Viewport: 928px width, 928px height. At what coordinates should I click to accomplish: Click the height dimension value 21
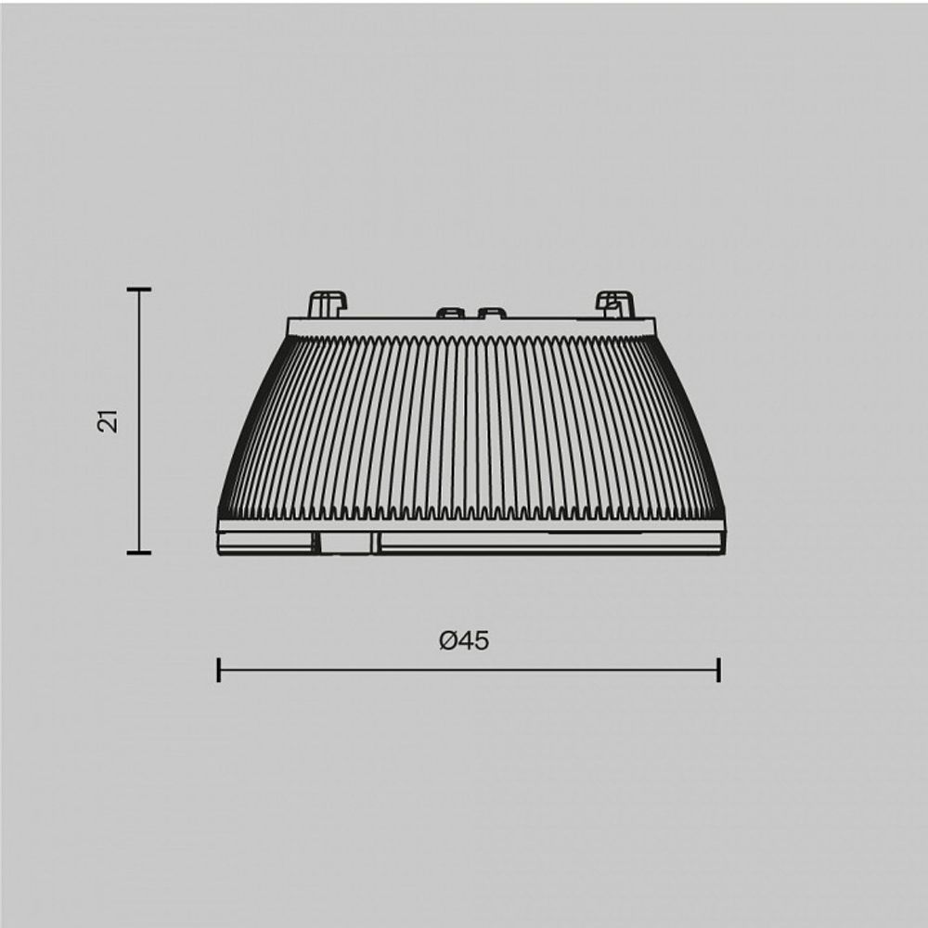click(110, 420)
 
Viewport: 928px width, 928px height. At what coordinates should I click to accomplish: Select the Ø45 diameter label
click(464, 640)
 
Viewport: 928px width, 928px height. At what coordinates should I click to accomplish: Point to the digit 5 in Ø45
click(480, 640)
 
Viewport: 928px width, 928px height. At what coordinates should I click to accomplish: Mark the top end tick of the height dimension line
click(139, 290)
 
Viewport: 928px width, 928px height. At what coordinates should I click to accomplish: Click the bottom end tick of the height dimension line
click(139, 552)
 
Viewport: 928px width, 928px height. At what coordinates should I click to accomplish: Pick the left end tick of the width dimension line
click(218, 669)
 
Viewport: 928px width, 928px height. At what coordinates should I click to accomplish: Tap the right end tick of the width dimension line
click(719, 669)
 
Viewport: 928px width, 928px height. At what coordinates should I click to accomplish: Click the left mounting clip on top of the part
click(327, 303)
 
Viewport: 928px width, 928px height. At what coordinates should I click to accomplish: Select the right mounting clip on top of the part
click(614, 303)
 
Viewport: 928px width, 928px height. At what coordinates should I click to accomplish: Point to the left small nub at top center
click(450, 314)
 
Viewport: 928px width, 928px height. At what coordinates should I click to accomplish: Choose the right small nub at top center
click(491, 314)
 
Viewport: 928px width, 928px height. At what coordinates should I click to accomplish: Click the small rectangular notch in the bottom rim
click(345, 543)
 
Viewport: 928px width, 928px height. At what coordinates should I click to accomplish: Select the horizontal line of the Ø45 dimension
click(469, 669)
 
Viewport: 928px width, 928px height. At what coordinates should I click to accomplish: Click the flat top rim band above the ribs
click(471, 326)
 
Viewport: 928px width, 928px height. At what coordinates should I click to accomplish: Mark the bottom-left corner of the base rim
click(219, 553)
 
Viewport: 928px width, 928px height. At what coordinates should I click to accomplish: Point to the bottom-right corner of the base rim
click(724, 553)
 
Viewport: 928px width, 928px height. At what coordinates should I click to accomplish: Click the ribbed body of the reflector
click(471, 427)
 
